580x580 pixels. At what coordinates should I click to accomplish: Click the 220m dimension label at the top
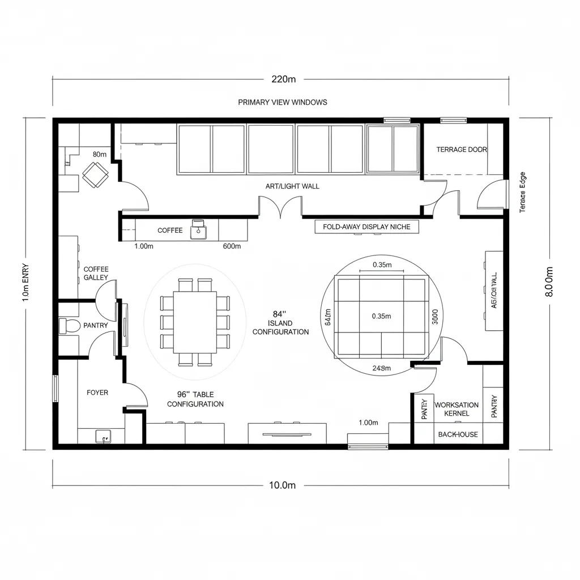click(283, 79)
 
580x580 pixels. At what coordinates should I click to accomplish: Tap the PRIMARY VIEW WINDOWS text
click(282, 103)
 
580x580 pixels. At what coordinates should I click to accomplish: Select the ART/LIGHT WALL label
click(292, 186)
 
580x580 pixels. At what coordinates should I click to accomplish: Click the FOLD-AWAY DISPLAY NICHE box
click(370, 227)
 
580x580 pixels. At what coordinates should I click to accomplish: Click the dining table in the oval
click(195, 321)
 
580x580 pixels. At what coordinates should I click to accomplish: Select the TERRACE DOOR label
click(462, 150)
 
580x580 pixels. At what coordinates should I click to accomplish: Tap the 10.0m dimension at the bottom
click(282, 485)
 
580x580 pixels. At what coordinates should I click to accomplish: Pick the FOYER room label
click(97, 393)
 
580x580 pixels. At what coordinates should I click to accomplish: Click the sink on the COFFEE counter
click(198, 229)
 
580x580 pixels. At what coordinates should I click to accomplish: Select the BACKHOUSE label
click(458, 434)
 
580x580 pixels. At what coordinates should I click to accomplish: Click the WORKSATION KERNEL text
click(457, 409)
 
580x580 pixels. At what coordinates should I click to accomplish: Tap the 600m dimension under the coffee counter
click(232, 246)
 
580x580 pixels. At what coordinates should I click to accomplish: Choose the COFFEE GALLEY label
click(96, 274)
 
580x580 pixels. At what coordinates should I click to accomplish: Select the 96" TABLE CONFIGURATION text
click(195, 399)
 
